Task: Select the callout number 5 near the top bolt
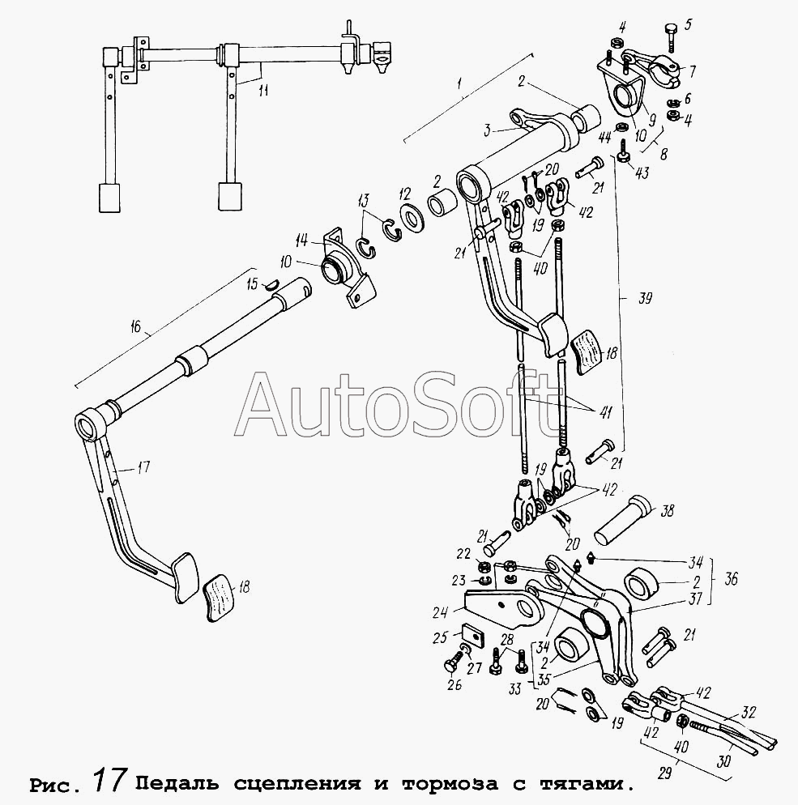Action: coord(689,24)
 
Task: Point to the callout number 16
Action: coord(135,326)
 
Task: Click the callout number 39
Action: coord(646,299)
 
